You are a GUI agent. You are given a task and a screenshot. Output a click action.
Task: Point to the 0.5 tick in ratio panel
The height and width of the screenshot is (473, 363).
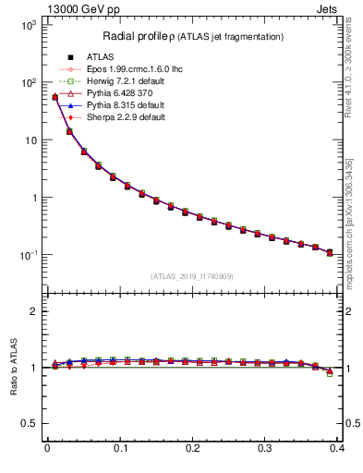(x=30, y=423)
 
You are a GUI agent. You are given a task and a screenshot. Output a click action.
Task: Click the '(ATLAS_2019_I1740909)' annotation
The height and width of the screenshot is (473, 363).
(x=192, y=276)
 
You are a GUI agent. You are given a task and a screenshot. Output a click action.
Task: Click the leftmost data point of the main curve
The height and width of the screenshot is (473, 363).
(x=54, y=97)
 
